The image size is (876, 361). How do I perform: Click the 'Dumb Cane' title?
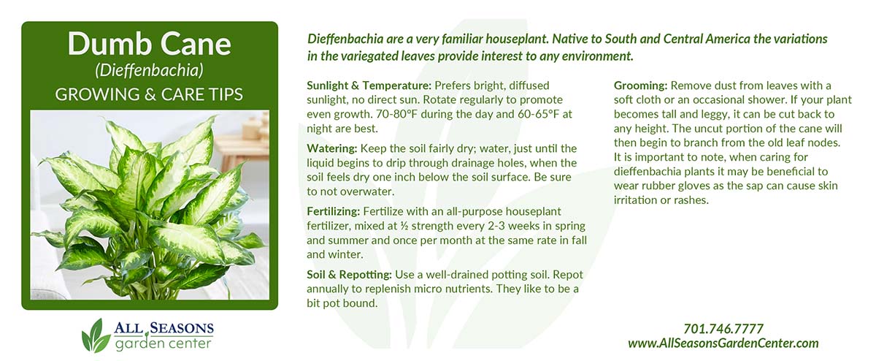point(150,44)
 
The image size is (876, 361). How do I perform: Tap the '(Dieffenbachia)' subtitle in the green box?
point(150,70)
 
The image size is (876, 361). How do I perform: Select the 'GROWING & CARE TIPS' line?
point(149,94)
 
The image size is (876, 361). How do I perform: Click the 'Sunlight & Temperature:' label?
point(369,85)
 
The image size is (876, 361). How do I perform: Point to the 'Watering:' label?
point(332,149)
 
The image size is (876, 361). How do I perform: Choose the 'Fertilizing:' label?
point(333,211)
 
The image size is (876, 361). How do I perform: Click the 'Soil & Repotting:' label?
point(349,275)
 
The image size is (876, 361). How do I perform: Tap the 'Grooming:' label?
point(641,85)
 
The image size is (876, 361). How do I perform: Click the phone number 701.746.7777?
point(723,329)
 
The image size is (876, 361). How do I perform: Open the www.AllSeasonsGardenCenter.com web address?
point(723,343)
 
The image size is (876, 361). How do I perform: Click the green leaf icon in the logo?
point(96,335)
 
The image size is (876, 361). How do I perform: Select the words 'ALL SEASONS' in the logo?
point(164,328)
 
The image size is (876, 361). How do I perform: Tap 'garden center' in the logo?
point(163,343)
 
